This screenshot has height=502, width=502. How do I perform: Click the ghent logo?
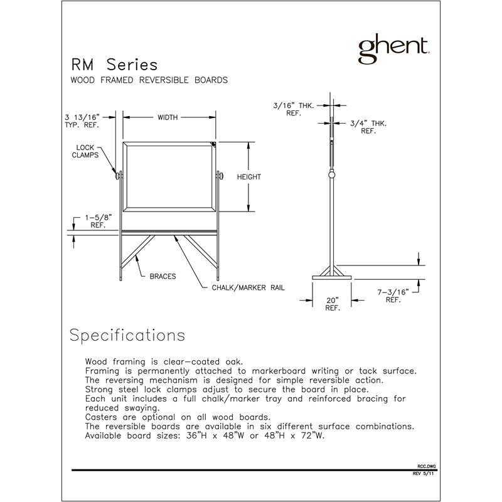(394, 49)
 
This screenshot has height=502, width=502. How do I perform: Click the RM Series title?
(114, 65)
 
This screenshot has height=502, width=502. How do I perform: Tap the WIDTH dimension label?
(168, 117)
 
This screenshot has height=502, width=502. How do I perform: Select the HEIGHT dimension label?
(248, 177)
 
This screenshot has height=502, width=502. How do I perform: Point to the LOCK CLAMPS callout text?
(85, 151)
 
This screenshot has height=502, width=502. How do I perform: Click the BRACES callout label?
(163, 276)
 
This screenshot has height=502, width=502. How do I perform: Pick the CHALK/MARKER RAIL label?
(248, 288)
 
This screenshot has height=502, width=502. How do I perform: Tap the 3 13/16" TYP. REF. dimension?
(82, 121)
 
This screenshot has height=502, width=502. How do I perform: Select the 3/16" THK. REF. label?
(294, 109)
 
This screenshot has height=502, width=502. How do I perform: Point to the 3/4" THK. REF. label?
(368, 127)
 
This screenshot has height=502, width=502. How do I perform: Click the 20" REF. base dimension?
(333, 304)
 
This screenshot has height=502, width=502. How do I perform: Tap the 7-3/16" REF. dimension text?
(393, 296)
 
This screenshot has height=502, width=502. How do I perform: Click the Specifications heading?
(127, 336)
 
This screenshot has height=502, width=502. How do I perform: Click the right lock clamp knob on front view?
(220, 176)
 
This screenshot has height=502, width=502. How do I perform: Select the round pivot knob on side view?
(332, 175)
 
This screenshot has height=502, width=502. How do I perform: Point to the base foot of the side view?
(332, 277)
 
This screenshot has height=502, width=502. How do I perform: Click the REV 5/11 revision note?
(423, 474)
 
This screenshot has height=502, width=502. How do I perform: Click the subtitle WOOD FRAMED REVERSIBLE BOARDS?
(149, 80)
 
